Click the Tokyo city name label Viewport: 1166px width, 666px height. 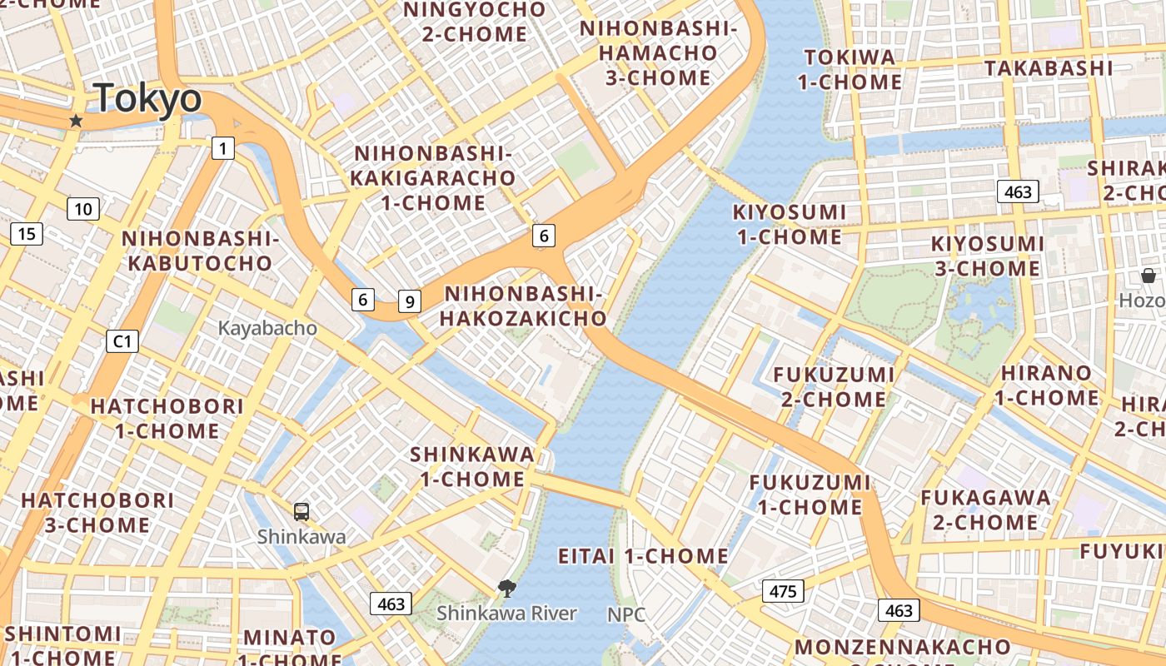click(x=147, y=98)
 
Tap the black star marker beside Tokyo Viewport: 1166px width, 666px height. click(x=76, y=121)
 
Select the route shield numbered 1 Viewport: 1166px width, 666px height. click(x=222, y=149)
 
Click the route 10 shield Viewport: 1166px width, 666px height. click(x=82, y=209)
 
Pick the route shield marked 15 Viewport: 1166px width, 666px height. click(x=27, y=234)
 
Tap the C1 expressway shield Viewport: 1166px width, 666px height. click(x=122, y=340)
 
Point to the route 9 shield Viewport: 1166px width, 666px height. click(x=409, y=301)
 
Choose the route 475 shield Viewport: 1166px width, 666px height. click(x=783, y=592)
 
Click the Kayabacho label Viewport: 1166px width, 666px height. click(x=267, y=328)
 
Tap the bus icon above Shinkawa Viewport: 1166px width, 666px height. click(x=301, y=512)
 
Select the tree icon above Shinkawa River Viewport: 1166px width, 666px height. click(x=506, y=589)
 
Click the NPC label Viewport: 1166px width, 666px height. click(x=626, y=614)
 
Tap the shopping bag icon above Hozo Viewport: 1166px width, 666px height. click(x=1149, y=276)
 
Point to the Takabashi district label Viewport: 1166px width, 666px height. click(x=1049, y=67)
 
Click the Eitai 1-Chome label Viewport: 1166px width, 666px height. click(x=643, y=556)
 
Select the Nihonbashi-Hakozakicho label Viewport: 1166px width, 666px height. click(x=523, y=306)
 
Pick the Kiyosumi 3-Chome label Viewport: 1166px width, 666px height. click(x=987, y=256)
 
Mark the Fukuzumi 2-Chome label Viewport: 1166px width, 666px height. click(x=834, y=387)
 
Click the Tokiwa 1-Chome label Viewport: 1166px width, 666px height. click(x=850, y=69)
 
